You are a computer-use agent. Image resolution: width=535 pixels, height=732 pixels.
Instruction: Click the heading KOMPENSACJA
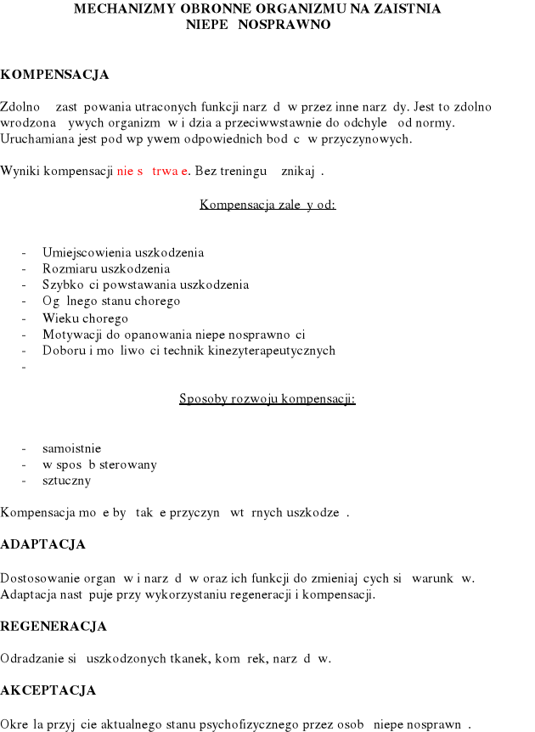click(x=55, y=75)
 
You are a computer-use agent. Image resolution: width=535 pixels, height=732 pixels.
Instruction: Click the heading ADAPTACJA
click(x=43, y=544)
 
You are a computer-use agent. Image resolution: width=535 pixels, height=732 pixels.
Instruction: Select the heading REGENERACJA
click(x=53, y=627)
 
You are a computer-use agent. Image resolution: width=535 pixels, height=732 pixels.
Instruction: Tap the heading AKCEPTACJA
click(x=48, y=690)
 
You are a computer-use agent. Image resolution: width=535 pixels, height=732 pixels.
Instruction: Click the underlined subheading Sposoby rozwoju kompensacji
click(x=267, y=398)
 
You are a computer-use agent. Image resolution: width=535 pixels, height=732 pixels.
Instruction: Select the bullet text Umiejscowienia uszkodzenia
click(x=123, y=252)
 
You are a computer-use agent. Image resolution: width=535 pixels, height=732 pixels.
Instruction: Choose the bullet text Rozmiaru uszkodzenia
click(x=106, y=268)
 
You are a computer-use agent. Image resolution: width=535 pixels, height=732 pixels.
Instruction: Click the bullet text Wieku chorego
click(x=85, y=318)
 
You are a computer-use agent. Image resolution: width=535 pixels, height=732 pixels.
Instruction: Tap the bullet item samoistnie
click(x=72, y=448)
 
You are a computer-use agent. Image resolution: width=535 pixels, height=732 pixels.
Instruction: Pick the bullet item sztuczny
click(x=66, y=480)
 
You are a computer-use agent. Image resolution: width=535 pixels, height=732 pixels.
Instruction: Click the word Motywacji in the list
click(x=71, y=334)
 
